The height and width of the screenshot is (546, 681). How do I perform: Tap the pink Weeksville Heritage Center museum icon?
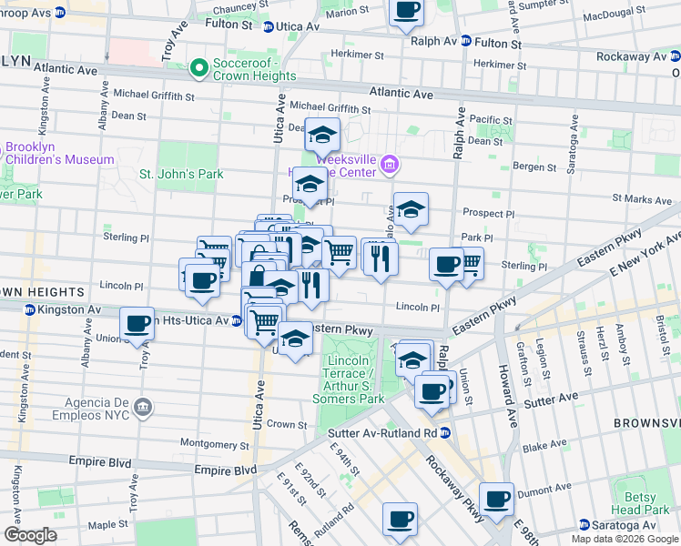tap(390, 164)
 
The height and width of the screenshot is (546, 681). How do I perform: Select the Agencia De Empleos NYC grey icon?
tap(143, 406)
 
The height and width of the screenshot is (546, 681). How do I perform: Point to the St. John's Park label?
tap(180, 174)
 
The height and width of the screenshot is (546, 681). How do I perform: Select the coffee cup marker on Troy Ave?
tap(137, 323)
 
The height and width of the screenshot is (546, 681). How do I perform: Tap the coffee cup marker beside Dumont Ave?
tap(497, 500)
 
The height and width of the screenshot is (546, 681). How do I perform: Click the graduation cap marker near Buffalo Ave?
tap(411, 209)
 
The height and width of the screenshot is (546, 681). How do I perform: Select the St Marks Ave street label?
tap(642, 197)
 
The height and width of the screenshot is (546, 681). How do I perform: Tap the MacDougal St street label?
tap(619, 16)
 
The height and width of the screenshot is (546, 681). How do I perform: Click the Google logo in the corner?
tap(30, 535)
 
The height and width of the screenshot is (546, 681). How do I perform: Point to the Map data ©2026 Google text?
tap(625, 539)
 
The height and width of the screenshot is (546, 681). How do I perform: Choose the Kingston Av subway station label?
tap(71, 310)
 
